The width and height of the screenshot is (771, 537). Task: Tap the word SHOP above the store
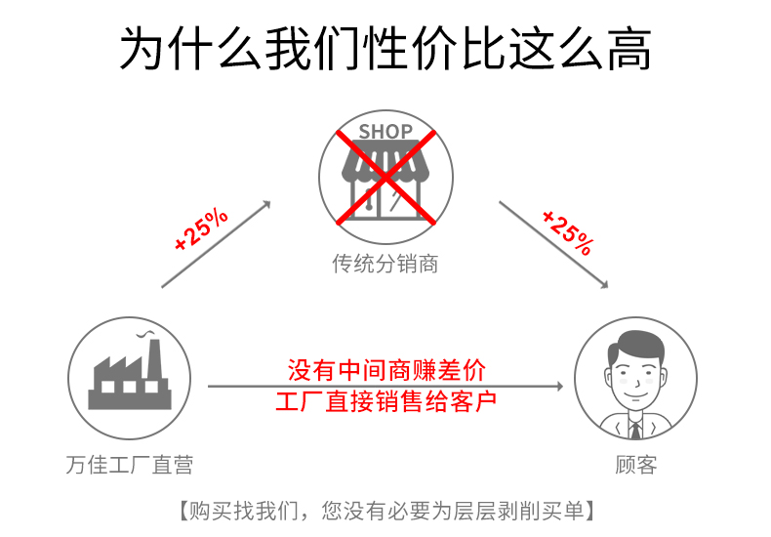[x=385, y=131]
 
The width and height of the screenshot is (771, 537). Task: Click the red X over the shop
[x=385, y=176]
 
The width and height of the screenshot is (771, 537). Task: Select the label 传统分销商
[x=385, y=264]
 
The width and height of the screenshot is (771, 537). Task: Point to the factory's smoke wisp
[x=148, y=338]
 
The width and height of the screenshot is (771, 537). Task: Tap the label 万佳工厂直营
[x=130, y=465]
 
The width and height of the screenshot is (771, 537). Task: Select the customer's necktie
[x=635, y=427]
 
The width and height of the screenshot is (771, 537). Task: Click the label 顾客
[x=636, y=465]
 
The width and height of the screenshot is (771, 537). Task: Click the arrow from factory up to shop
[x=216, y=244]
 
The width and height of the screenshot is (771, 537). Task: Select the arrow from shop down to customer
[x=553, y=244]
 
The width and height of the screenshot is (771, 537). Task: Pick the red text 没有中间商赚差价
[x=385, y=370]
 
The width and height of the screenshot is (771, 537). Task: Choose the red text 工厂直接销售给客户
[x=385, y=401]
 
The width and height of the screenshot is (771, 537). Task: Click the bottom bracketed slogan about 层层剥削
[x=385, y=510]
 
